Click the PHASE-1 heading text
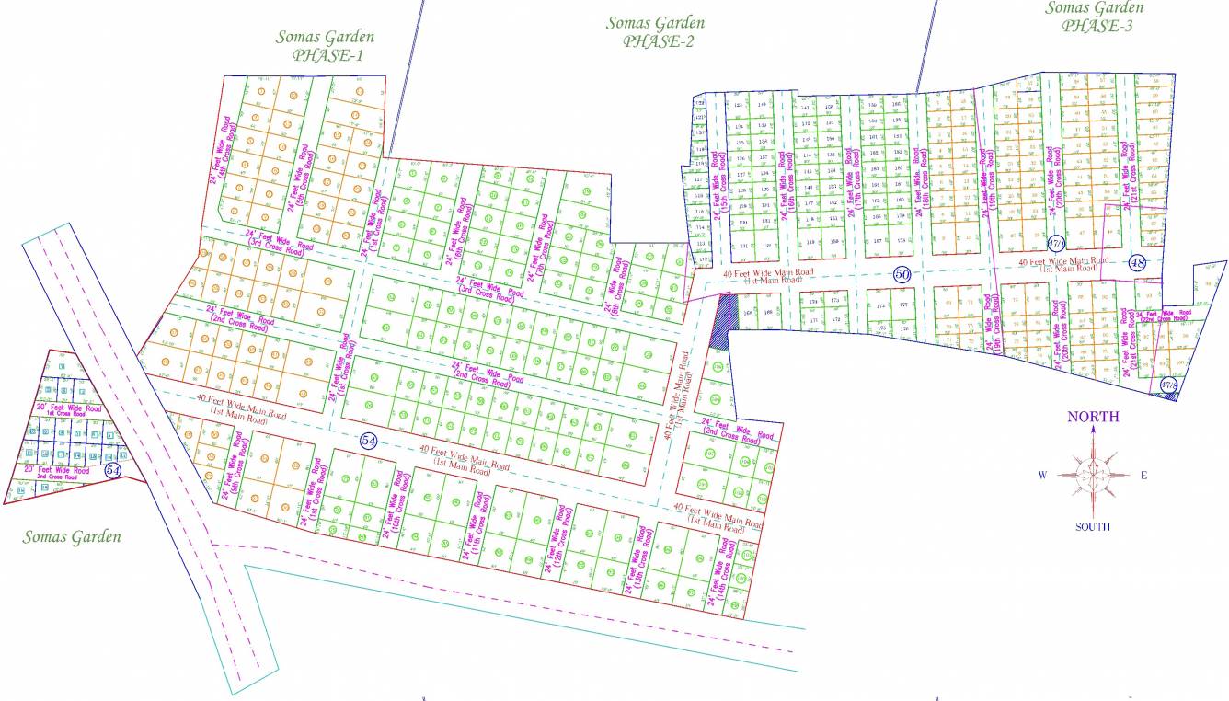tap(328, 55)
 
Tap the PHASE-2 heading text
tap(658, 41)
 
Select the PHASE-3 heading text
tap(1097, 26)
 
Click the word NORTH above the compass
tap(1093, 417)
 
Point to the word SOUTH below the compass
tap(1093, 527)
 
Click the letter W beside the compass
tap(1043, 475)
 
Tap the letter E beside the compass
tap(1143, 475)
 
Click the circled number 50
tap(902, 274)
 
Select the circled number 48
tap(1139, 263)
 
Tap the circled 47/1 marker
tap(1056, 244)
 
